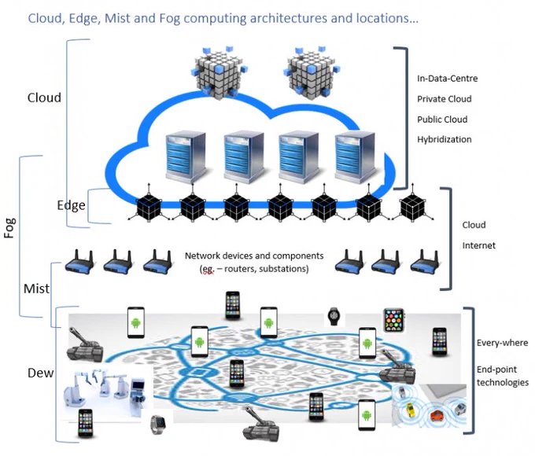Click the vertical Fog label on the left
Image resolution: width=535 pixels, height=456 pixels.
tap(10, 228)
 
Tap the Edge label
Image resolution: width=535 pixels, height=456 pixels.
tap(72, 205)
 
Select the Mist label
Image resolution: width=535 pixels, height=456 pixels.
tap(36, 289)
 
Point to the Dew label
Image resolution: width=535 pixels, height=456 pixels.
tap(41, 373)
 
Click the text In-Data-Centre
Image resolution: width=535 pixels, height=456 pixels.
tap(448, 79)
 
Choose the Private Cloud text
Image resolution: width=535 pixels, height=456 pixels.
tap(445, 99)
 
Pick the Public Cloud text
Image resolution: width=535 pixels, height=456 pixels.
tap(442, 120)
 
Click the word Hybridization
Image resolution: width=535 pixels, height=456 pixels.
tap(445, 139)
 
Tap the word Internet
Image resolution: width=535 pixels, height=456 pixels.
tap(478, 245)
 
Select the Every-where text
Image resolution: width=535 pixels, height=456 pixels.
tap(502, 343)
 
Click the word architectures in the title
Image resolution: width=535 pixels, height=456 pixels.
tap(289, 18)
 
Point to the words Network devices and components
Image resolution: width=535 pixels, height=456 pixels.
tap(254, 256)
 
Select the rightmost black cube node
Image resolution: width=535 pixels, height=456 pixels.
tap(412, 206)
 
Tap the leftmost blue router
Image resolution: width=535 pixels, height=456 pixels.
tap(79, 262)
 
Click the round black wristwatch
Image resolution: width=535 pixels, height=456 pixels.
tap(334, 317)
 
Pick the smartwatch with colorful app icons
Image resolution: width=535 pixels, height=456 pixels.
tap(394, 320)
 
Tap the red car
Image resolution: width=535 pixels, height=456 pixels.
tap(437, 415)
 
